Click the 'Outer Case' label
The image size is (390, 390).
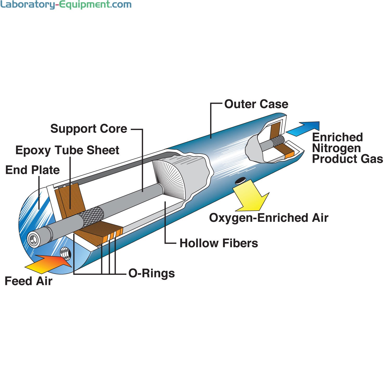point(256,104)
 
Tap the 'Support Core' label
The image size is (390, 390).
point(89,129)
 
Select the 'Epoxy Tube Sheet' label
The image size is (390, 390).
point(67,150)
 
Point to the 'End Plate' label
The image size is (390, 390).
point(32,170)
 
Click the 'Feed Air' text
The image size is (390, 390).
point(28,281)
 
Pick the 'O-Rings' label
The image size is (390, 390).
point(152,273)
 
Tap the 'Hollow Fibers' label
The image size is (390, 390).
point(219,243)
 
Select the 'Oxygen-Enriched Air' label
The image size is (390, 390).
point(269,218)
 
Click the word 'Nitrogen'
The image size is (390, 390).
point(336,148)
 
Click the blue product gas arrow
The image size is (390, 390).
point(304,128)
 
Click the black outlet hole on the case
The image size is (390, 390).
point(240,180)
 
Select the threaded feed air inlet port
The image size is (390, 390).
point(65,253)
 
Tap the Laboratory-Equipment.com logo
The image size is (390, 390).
point(66,5)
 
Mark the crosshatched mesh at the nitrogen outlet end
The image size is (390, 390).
point(278,142)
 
